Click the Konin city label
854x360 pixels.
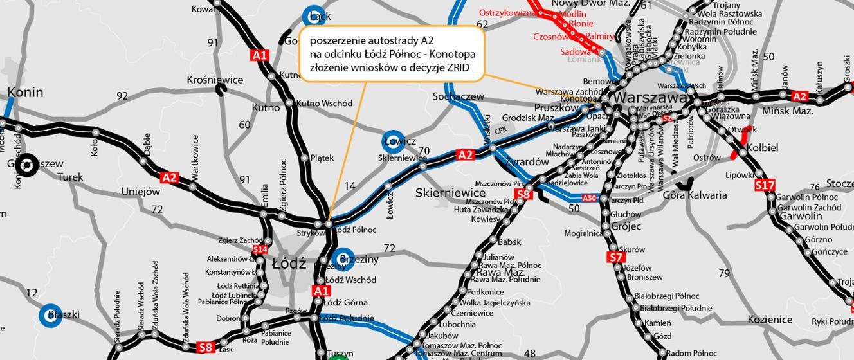pos(25,92)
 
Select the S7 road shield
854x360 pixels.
pos(615,258)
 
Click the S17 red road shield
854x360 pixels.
pos(765,185)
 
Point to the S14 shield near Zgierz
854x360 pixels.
pos(260,249)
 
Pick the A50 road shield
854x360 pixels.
pos(590,198)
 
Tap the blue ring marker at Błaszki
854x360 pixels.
pos(51,315)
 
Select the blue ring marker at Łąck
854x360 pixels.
pos(314,17)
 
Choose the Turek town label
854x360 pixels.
pos(70,177)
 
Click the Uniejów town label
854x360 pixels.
pos(140,191)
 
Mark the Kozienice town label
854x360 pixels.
pos(770,319)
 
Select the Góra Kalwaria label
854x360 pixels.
pos(695,195)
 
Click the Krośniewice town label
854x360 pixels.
pos(215,80)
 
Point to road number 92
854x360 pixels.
pos(122,96)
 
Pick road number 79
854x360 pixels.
pos(725,273)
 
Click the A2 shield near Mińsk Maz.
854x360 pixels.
pos(799,96)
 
